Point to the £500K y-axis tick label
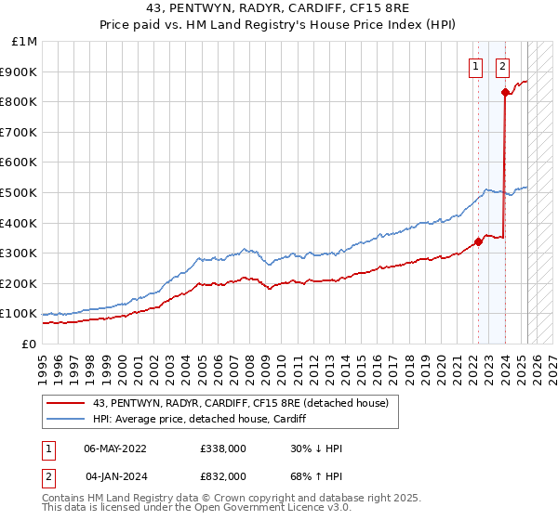click(x=20, y=193)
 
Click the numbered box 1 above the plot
click(x=476, y=66)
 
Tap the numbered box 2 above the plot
click(x=502, y=66)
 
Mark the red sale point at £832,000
click(x=505, y=92)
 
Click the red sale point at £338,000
click(x=478, y=241)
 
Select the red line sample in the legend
click(x=67, y=402)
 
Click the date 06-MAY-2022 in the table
click(x=115, y=448)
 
